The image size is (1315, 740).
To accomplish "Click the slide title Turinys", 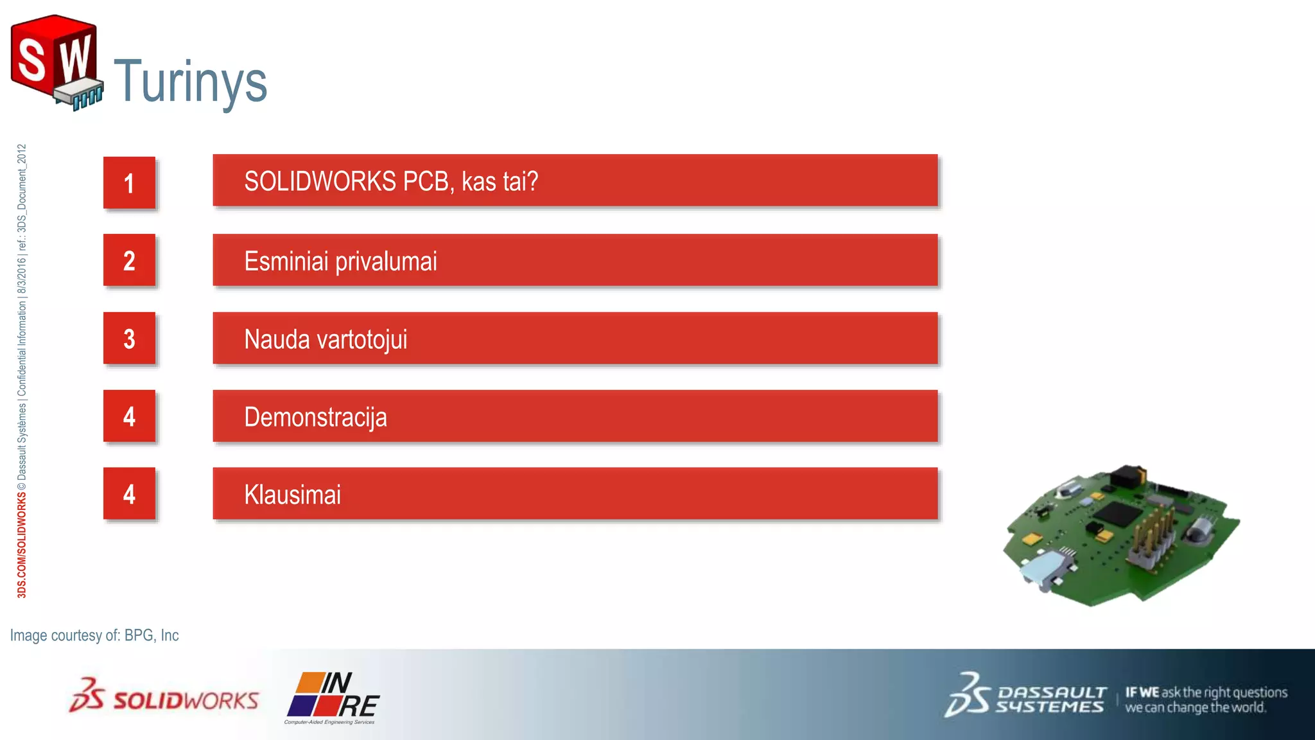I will point(190,82).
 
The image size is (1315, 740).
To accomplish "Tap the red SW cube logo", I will point(55,62).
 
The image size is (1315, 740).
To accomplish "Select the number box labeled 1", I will point(129,183).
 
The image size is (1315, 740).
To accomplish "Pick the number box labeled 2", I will point(129,260).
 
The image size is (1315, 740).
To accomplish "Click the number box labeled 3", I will point(129,339).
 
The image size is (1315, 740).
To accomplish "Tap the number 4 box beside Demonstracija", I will point(129,416).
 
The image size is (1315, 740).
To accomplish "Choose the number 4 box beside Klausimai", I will point(129,494).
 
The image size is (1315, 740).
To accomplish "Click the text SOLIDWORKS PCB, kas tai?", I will point(390,181).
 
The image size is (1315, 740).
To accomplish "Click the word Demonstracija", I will point(315,418).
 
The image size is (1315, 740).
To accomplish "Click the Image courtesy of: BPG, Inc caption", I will point(94,635).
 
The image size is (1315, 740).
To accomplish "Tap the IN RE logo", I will point(332,697).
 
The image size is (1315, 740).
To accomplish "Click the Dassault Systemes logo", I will point(1025,696).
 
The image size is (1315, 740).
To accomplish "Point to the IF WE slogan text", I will point(1205,700).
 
